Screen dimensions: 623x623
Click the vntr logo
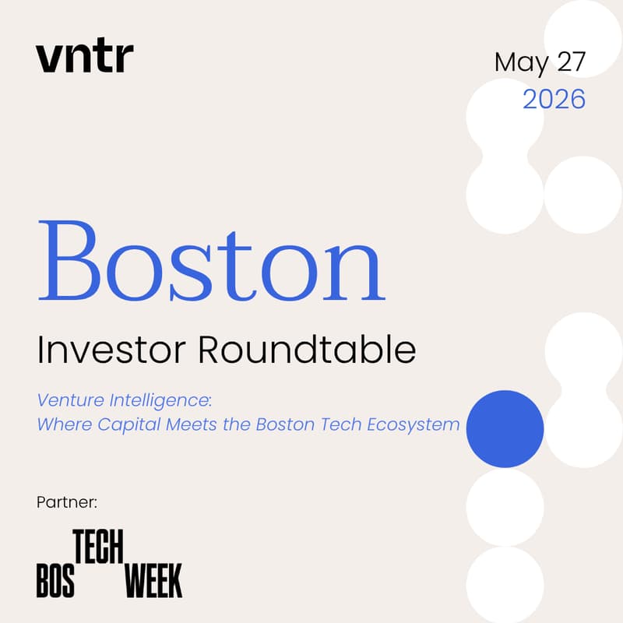[x=84, y=58]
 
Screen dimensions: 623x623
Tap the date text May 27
[x=539, y=62]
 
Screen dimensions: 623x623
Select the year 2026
[x=554, y=99]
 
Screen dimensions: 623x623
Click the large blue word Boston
[x=211, y=263]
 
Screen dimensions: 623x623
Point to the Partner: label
[x=66, y=502]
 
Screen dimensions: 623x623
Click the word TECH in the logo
[x=98, y=548]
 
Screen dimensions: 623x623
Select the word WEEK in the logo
[x=153, y=580]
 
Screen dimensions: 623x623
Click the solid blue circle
[x=505, y=429]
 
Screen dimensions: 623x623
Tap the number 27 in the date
[x=569, y=62]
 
